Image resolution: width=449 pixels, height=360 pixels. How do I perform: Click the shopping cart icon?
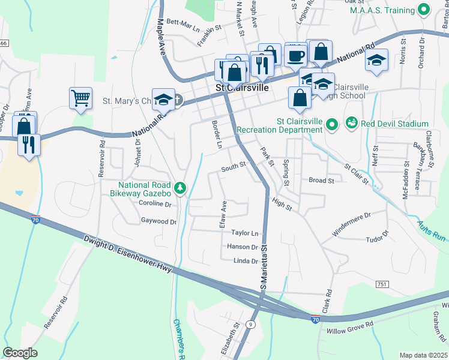click(80, 97)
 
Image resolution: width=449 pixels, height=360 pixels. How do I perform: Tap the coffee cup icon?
click(295, 56)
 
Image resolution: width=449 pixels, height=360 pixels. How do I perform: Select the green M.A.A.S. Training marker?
click(424, 10)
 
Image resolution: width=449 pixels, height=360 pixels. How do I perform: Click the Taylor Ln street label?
click(245, 233)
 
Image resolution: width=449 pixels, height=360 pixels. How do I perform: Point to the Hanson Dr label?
click(243, 247)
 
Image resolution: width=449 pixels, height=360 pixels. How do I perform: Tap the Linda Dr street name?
click(246, 261)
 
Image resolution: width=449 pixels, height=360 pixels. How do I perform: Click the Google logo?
click(20, 353)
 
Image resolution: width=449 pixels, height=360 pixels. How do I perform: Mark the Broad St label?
click(321, 180)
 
